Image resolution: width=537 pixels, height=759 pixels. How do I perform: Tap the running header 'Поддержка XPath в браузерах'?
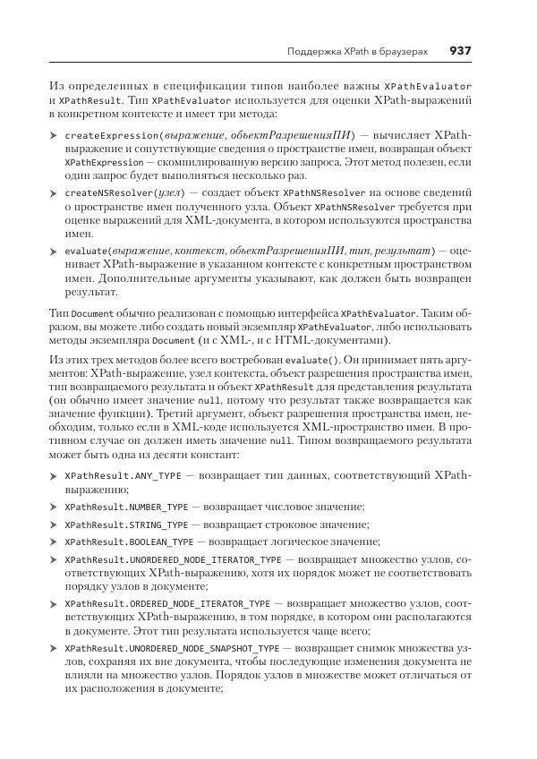(357, 51)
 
